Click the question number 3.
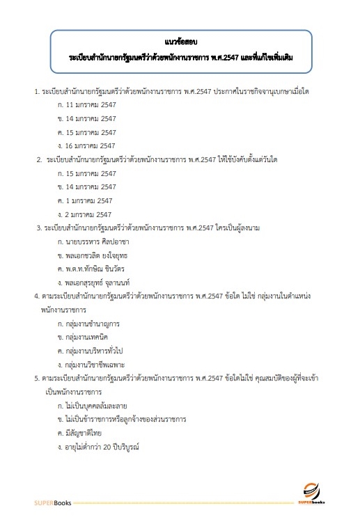pos(38,228)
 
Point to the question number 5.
pos(36,378)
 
